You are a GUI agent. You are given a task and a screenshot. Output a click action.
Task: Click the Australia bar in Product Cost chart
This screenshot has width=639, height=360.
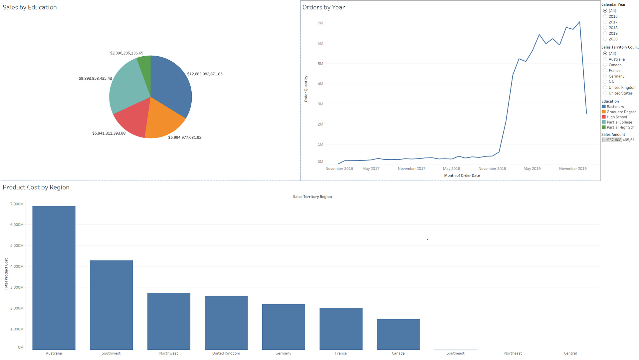coord(54,278)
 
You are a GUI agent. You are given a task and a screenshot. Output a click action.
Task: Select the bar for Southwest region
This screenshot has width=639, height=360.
coord(111,305)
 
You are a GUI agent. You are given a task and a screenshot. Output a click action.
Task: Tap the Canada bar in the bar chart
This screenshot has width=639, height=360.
coord(398,334)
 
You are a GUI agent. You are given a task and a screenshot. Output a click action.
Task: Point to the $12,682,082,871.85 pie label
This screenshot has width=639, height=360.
coord(205,74)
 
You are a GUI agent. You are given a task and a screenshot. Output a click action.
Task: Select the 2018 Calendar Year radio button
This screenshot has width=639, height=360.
coord(605,28)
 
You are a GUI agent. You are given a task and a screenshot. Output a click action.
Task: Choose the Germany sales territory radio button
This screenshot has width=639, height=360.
coord(605,76)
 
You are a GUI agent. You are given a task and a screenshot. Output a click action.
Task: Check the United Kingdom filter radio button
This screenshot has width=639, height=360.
coord(605,88)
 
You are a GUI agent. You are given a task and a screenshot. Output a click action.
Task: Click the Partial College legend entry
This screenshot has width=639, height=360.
coord(619,122)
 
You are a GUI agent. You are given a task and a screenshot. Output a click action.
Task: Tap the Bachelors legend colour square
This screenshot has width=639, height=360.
coord(604,107)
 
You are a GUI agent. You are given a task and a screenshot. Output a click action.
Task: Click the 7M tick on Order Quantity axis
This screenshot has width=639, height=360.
coord(320,23)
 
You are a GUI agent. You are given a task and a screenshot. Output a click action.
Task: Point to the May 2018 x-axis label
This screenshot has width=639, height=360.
coord(451,169)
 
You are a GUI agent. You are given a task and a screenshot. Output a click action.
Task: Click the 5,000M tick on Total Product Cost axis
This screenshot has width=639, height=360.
coord(17,245)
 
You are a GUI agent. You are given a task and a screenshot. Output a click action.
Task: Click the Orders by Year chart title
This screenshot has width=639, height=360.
coord(323,7)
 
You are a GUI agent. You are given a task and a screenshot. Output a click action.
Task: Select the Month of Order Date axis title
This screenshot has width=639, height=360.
coord(462,176)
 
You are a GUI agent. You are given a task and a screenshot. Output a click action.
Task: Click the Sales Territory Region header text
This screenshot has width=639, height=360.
coord(312,197)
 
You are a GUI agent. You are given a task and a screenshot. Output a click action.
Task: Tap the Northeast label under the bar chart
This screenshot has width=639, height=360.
coord(513,353)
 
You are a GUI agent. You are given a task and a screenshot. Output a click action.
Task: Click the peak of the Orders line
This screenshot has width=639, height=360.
coord(580,22)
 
